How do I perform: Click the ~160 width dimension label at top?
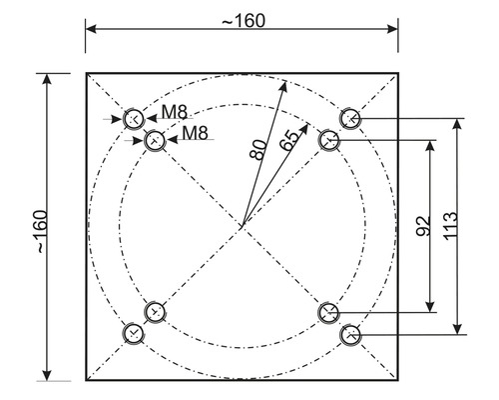pos(244,21)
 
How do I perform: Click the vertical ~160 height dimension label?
pos(42,231)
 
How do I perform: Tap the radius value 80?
pos(258,150)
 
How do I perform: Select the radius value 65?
pos(288,141)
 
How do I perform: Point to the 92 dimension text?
pos(423,226)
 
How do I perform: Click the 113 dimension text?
pos(450,225)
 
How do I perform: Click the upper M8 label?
pos(175,112)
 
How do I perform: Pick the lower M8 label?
pos(196,133)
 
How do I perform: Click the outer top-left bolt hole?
pos(134,119)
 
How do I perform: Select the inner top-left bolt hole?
pos(155,140)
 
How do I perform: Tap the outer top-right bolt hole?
pos(350,118)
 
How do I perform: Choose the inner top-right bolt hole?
pos(329,140)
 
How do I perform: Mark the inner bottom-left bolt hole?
pos(155,312)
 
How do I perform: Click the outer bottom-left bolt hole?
pos(134,333)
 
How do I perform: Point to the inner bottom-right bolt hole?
pos(328,313)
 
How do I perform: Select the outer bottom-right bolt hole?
pos(350,334)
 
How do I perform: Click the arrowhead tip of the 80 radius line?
pos(285,81)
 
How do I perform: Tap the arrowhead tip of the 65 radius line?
pos(307,124)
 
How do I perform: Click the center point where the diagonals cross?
pos(243,226)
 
